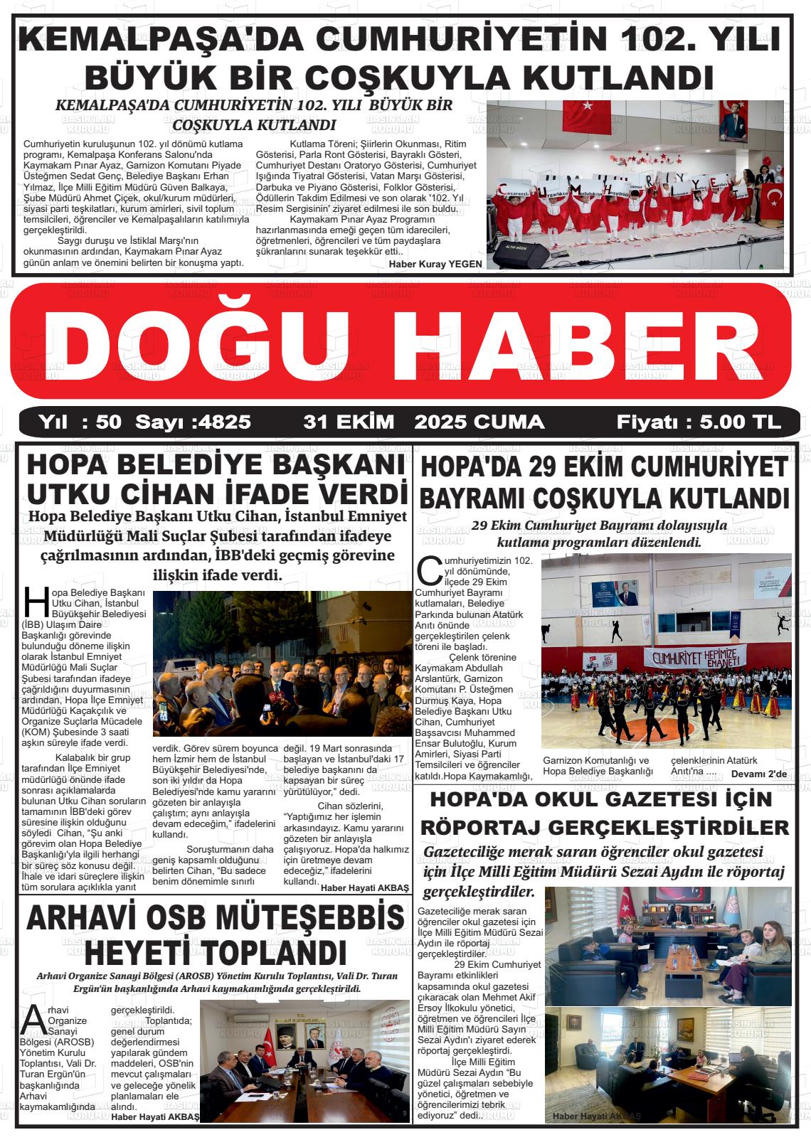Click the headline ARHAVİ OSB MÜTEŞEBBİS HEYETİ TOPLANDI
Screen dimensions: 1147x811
(x=214, y=934)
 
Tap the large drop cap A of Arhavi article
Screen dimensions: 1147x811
(x=33, y=1019)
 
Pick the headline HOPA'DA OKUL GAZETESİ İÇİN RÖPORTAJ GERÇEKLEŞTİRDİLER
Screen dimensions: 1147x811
(x=605, y=813)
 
